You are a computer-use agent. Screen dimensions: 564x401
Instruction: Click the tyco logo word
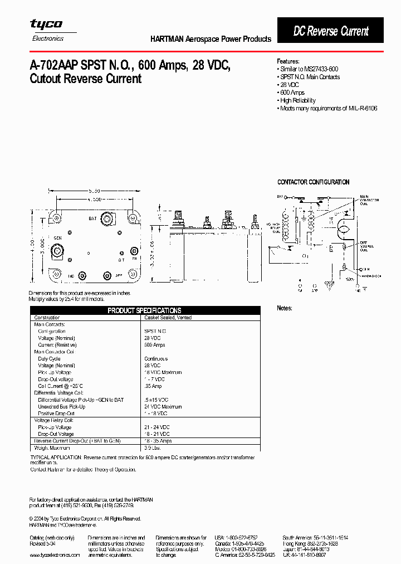pos(46,25)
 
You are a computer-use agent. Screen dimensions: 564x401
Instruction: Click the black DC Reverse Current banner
pos(331,31)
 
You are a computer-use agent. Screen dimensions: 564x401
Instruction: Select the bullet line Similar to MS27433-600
pos(309,69)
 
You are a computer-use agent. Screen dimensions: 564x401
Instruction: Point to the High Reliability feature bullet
pos(297,100)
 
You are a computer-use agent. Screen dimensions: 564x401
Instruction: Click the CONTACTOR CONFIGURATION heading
pos(313,182)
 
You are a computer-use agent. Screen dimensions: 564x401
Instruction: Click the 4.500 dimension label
pos(93,200)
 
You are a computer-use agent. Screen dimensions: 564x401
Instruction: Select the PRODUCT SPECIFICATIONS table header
pos(144,310)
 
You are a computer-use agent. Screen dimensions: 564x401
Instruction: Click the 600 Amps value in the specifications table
pos(155,345)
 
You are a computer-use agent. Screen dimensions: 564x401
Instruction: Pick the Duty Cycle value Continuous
pos(156,359)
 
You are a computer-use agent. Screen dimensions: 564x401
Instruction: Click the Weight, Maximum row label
pos(52,448)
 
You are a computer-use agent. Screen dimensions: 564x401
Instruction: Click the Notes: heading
pos(285,308)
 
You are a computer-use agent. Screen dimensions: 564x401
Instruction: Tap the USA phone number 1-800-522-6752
pos(241,537)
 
